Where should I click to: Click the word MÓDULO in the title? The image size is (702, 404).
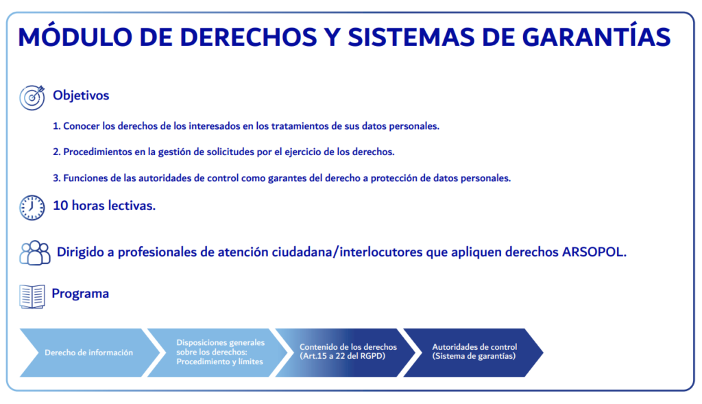tap(75, 36)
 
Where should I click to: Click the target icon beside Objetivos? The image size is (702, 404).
tap(32, 97)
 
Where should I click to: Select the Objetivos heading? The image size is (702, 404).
tap(81, 95)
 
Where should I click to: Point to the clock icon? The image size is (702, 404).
tap(32, 207)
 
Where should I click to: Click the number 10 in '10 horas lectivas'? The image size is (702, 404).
tap(60, 206)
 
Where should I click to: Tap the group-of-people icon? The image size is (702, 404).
tap(35, 253)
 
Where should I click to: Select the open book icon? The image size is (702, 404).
tap(32, 296)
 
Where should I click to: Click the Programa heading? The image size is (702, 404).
tap(80, 294)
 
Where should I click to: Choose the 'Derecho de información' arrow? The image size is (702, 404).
tap(89, 353)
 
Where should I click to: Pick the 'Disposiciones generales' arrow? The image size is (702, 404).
tap(217, 353)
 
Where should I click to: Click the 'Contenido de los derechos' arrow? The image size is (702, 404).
tap(346, 353)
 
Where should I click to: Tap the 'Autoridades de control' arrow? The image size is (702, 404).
tap(473, 353)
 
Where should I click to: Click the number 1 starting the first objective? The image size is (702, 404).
tap(56, 126)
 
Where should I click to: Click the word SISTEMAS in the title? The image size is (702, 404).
tap(411, 36)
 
